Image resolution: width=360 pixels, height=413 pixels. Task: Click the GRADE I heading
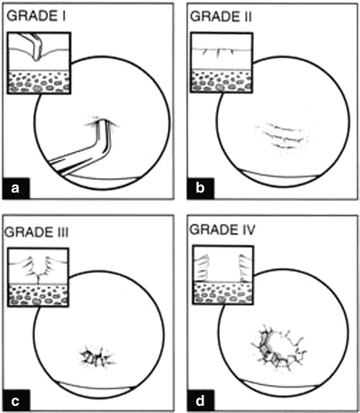coord(36,16)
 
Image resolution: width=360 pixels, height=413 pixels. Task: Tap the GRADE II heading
coord(220,16)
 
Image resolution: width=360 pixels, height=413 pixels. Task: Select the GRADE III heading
coord(37,232)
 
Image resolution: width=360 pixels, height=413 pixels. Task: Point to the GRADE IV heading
coord(222,229)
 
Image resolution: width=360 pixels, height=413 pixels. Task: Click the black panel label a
coord(16,188)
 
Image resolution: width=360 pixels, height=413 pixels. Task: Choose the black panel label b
coord(200,188)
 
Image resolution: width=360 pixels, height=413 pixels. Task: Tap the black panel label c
coord(16,400)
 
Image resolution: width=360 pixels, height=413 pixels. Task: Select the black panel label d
coord(200,400)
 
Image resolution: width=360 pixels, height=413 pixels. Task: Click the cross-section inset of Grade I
coord(39,63)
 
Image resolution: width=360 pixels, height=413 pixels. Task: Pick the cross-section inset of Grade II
coord(221,63)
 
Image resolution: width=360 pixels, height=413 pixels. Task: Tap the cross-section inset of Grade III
coord(38,277)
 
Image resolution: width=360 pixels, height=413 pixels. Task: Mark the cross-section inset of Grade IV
coord(223,274)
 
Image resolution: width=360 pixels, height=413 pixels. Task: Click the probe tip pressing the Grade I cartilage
coord(103,122)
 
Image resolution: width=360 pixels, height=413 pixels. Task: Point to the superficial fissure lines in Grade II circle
coord(282,137)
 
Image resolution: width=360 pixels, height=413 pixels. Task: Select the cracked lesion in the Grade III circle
coord(97,356)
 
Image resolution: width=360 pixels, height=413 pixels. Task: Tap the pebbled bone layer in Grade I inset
coord(39,82)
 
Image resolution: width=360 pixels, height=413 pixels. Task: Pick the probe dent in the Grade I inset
coord(36,57)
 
